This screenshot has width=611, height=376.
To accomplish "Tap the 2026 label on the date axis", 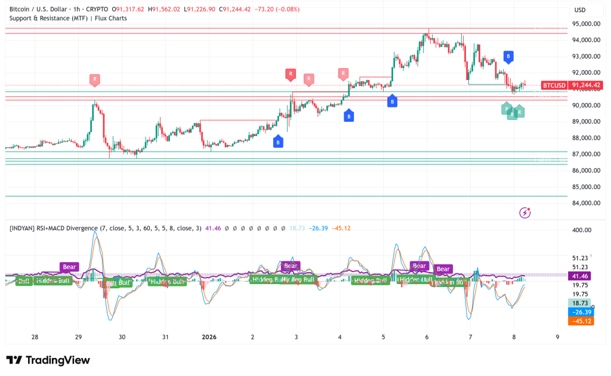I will click(x=209, y=337).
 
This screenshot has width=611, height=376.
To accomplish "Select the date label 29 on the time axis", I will click(x=78, y=337).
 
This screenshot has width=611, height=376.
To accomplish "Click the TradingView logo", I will click(x=48, y=360).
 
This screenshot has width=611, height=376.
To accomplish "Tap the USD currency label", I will click(x=579, y=10).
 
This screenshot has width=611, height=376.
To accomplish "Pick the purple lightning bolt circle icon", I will click(x=525, y=212).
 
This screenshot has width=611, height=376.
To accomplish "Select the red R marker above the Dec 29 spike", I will click(x=94, y=79).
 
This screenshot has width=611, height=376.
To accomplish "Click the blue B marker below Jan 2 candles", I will click(x=278, y=141).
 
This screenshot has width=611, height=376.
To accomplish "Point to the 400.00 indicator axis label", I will click(x=581, y=230).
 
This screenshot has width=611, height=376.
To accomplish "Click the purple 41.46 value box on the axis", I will click(x=581, y=276).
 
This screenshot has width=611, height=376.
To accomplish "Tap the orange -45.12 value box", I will click(x=581, y=320).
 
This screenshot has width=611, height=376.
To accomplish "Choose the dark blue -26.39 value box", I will click(x=581, y=312).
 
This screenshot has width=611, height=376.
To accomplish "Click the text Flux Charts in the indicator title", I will click(x=110, y=19).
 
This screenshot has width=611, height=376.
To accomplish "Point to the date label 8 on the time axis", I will click(x=514, y=337).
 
